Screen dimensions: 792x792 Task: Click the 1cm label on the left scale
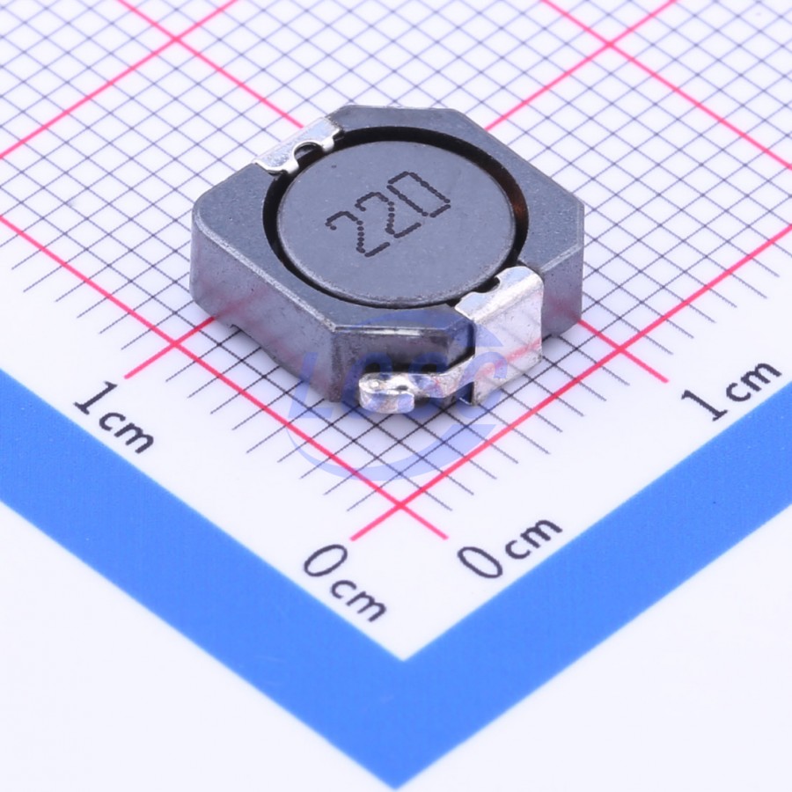click(114, 417)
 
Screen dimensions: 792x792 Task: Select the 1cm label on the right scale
click(730, 390)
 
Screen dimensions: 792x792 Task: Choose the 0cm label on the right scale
click(510, 547)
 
